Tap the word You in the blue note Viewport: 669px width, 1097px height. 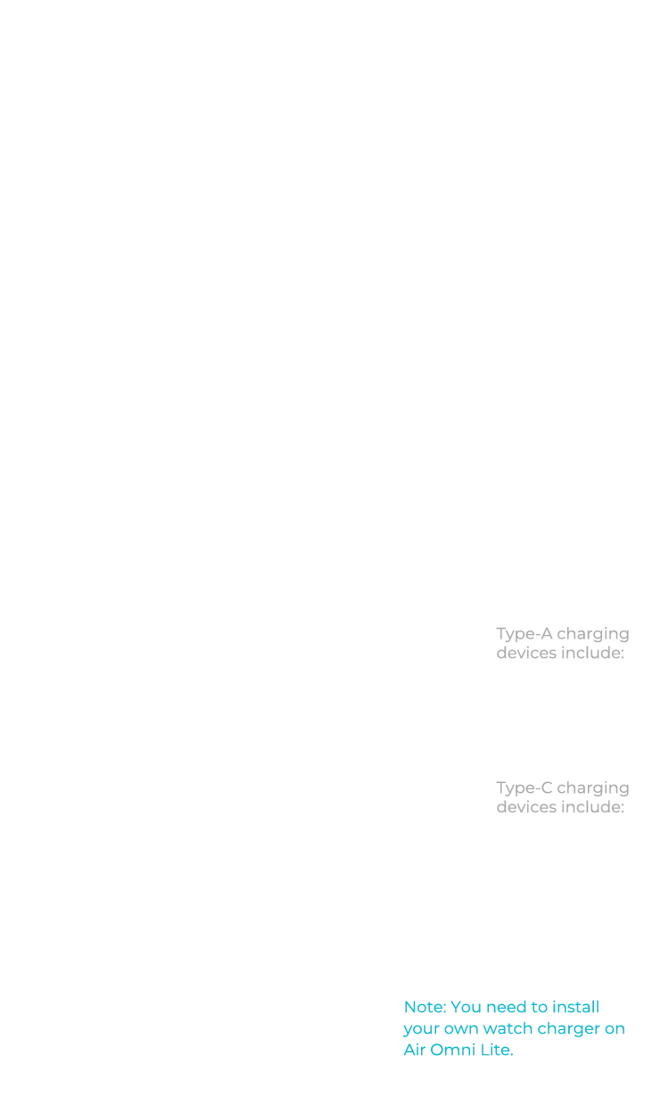[x=467, y=1007]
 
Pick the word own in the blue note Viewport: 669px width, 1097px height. [x=455, y=1029]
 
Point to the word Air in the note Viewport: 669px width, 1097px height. [x=411, y=1051]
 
